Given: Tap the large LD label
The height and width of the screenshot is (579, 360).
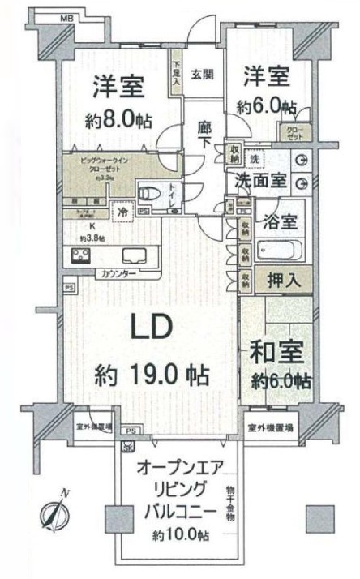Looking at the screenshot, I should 151,328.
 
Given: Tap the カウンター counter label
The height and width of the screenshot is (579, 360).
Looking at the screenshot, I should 120,274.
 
